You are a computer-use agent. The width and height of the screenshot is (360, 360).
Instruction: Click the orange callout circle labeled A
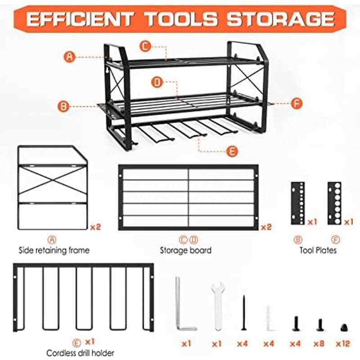[x=69, y=57]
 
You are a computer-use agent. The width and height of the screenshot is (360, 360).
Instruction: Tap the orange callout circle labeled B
[x=64, y=107]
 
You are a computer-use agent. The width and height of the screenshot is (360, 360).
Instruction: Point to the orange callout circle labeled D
[x=157, y=82]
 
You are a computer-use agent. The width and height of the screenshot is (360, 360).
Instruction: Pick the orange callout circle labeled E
[x=231, y=151]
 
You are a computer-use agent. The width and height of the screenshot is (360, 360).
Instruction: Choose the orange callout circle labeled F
[x=296, y=103]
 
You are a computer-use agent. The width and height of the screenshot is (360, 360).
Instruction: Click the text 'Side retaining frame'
[x=54, y=250]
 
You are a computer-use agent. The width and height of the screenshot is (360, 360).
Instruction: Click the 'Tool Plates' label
[x=318, y=250]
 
